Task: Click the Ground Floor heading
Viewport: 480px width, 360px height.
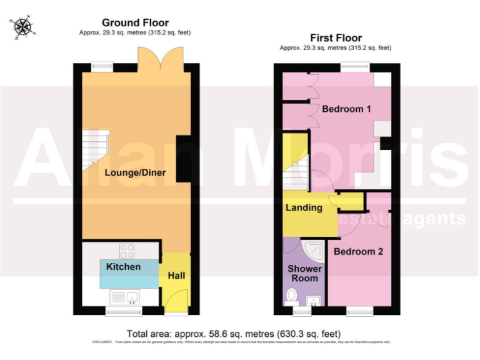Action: (136, 23)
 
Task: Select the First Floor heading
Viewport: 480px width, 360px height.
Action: (336, 38)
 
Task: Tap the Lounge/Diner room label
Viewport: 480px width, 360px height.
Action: (135, 172)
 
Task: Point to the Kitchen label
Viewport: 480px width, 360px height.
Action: (123, 267)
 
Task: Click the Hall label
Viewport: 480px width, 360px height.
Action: (176, 275)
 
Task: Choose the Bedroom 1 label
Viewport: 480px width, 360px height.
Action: (346, 109)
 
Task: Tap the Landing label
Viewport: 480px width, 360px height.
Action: (304, 207)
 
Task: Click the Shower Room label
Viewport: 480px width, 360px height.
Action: (303, 273)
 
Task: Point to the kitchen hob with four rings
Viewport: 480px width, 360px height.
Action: (127, 251)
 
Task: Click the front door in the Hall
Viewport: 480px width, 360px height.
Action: (175, 301)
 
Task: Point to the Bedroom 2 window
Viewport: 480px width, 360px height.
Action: (359, 309)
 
